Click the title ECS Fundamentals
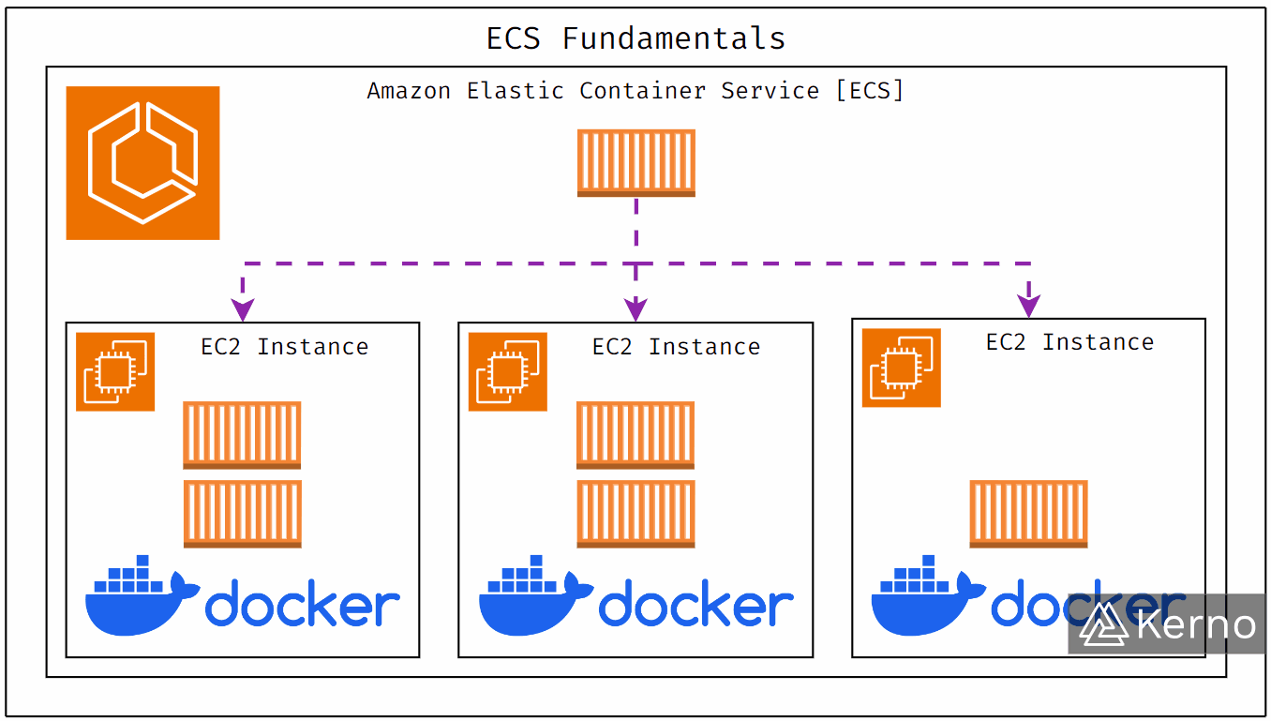[635, 38]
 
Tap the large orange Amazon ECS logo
[142, 163]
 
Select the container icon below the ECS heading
[635, 163]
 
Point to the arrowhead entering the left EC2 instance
[243, 308]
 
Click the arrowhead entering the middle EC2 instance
[635, 308]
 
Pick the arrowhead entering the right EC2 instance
[1029, 306]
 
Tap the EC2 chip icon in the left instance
[115, 371]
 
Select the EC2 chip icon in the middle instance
[507, 371]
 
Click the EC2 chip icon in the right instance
[901, 368]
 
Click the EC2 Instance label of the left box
[284, 347]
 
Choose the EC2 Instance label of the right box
[1069, 342]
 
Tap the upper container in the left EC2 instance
[242, 435]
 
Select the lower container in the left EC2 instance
[242, 514]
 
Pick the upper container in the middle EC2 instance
[635, 435]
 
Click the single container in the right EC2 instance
[1028, 514]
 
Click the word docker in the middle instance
[695, 605]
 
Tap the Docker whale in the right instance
[923, 600]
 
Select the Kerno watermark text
[1196, 624]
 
